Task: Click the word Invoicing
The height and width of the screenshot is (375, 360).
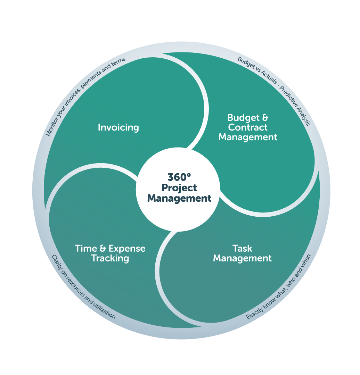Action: [118, 127]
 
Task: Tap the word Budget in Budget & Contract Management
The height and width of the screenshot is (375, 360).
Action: [242, 117]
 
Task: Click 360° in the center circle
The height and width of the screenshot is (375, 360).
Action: [179, 177]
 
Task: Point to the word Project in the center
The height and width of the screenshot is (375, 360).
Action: [179, 188]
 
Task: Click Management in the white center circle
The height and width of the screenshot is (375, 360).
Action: [179, 199]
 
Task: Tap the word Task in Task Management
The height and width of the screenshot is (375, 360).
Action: [242, 249]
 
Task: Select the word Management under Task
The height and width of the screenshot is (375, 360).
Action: [242, 258]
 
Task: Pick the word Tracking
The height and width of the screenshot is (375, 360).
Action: [110, 258]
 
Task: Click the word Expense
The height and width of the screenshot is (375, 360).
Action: [127, 249]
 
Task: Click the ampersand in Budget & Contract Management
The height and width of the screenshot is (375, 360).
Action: [265, 117]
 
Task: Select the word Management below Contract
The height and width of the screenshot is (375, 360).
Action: [248, 137]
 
